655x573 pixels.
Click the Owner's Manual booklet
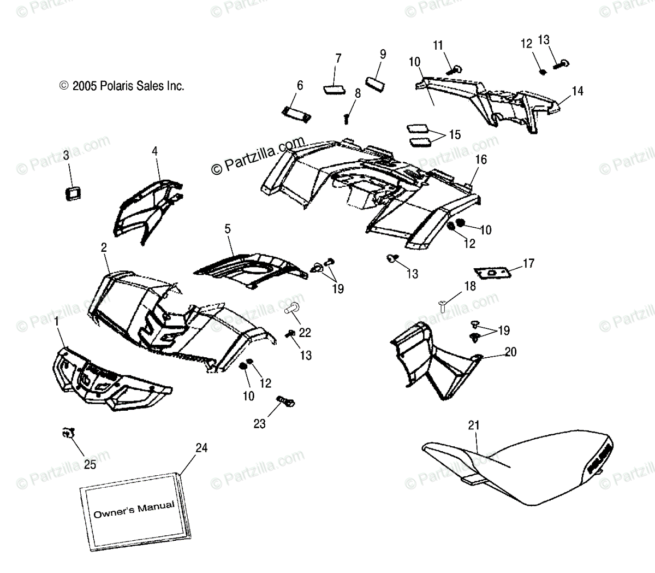[134, 510]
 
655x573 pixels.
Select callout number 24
[201, 448]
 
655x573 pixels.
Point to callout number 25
[90, 464]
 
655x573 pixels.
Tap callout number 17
[528, 264]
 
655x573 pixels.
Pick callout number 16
[480, 160]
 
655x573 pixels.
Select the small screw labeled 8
[347, 117]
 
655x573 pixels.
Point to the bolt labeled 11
[455, 69]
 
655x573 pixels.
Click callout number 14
[577, 91]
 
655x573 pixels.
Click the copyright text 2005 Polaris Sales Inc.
[122, 86]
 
